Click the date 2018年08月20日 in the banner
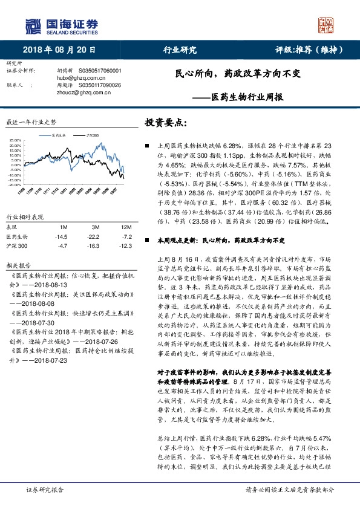click(68, 51)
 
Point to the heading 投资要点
click(166, 123)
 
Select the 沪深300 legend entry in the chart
click(90, 136)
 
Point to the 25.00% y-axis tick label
click(15, 142)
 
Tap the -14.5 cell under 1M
click(61, 236)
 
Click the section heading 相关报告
click(15, 265)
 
